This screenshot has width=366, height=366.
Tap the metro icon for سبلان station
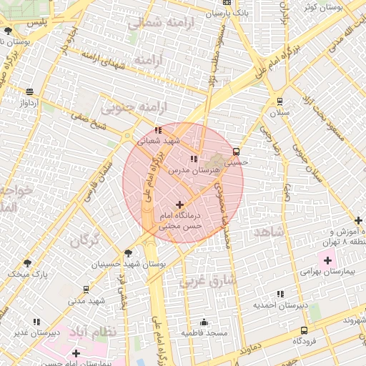tap(280, 101)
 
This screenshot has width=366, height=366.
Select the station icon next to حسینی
tap(236, 151)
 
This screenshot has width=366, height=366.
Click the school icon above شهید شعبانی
tap(158, 130)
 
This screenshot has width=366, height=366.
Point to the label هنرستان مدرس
tap(188, 172)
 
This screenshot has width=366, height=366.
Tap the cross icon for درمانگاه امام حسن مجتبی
tap(179, 204)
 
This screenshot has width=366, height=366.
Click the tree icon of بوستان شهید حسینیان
tap(128, 252)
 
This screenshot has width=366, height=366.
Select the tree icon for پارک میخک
tap(27, 263)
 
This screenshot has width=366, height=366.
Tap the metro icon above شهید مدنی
tap(86, 290)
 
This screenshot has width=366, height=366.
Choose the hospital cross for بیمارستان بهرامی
tap(328, 259)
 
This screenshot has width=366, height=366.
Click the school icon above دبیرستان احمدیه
tap(280, 294)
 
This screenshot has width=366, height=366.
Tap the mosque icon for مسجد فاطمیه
tap(204, 322)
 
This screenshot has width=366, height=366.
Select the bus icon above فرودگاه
tap(305, 330)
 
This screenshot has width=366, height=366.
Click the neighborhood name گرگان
tap(84, 240)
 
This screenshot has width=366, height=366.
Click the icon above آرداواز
tap(29, 91)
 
